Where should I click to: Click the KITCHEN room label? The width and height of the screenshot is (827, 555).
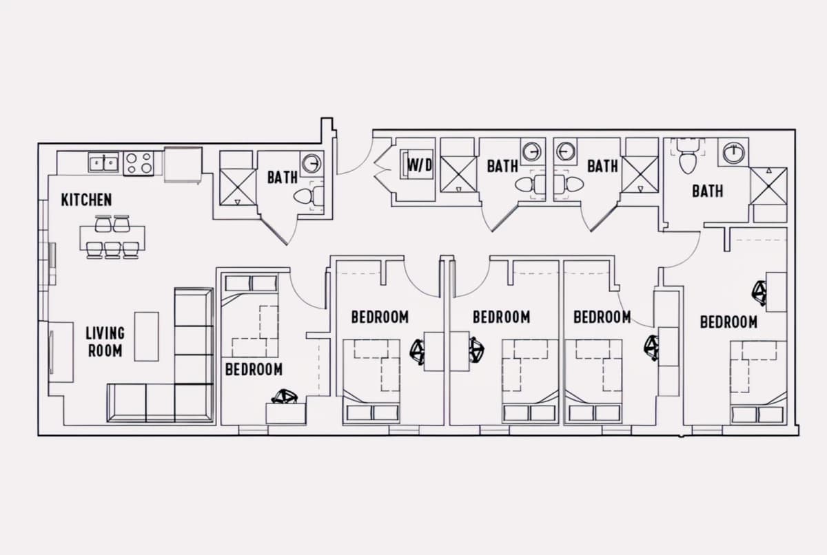point(86,200)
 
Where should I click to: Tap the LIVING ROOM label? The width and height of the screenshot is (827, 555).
point(105,342)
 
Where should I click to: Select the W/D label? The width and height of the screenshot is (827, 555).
point(420,165)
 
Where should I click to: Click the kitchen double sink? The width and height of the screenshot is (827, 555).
point(104,163)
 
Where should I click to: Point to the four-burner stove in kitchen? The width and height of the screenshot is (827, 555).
point(139,163)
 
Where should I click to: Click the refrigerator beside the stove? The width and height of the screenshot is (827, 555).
point(183,165)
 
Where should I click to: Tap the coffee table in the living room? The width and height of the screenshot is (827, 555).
point(147,336)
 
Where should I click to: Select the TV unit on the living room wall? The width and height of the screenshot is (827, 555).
point(61,352)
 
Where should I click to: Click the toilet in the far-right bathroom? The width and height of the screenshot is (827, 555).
point(688,156)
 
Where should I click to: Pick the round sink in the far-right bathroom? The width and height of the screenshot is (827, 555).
point(733,152)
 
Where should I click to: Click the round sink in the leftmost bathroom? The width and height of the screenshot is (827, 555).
point(312,163)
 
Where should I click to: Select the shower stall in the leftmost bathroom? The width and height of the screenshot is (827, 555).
point(238,187)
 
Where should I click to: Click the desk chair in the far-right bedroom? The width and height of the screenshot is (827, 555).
point(759,293)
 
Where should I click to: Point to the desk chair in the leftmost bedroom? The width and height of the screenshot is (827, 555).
point(284,397)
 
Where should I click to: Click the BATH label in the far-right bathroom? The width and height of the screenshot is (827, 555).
point(707,191)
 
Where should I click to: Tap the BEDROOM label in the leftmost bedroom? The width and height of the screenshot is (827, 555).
point(254,369)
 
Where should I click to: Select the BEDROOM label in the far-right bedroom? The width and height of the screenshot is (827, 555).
point(729,322)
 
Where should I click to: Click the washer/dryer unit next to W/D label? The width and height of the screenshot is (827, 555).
point(417,164)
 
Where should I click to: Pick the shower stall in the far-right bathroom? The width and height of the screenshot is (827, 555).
point(768,186)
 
